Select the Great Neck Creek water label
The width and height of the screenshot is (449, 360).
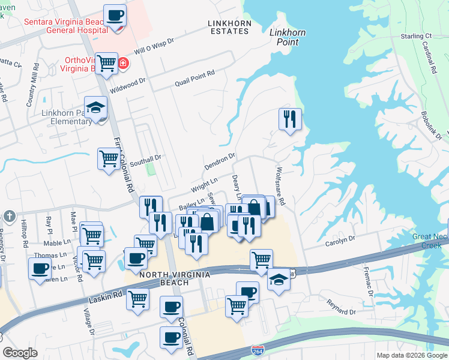click(430, 241)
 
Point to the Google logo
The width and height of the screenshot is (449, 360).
click(20, 353)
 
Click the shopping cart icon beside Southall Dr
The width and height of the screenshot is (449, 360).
click(109, 159)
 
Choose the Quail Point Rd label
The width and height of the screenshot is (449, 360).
click(194, 78)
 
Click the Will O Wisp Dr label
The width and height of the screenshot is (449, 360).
click(154, 47)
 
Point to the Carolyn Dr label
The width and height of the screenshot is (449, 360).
click(340, 239)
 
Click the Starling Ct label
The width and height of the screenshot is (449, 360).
click(416, 37)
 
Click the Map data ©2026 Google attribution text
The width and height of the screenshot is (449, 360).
click(411, 355)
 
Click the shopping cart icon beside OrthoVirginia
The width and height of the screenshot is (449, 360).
click(107, 62)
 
